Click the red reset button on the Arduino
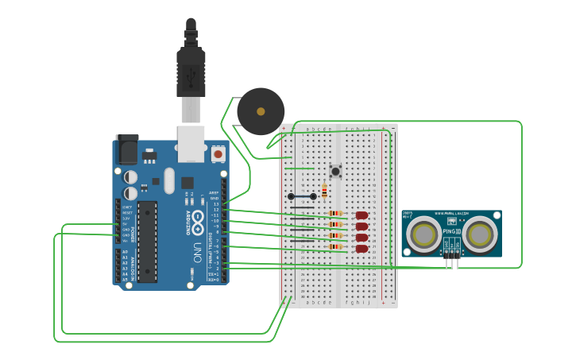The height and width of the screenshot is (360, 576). (218, 153)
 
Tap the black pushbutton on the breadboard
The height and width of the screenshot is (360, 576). (336, 170)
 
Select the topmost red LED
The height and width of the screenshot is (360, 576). (361, 215)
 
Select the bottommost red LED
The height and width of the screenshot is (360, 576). (361, 249)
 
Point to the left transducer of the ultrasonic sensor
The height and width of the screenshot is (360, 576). (423, 234)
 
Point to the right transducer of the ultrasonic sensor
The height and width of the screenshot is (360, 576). (481, 234)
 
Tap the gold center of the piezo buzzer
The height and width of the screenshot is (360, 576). (261, 111)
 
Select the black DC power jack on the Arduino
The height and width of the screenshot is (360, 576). (127, 149)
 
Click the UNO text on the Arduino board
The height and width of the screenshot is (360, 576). (196, 253)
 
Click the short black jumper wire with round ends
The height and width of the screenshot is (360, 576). (302, 196)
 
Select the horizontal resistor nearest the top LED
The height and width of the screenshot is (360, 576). (337, 214)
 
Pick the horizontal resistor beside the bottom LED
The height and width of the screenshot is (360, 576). (337, 247)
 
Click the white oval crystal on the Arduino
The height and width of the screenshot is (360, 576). (168, 180)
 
